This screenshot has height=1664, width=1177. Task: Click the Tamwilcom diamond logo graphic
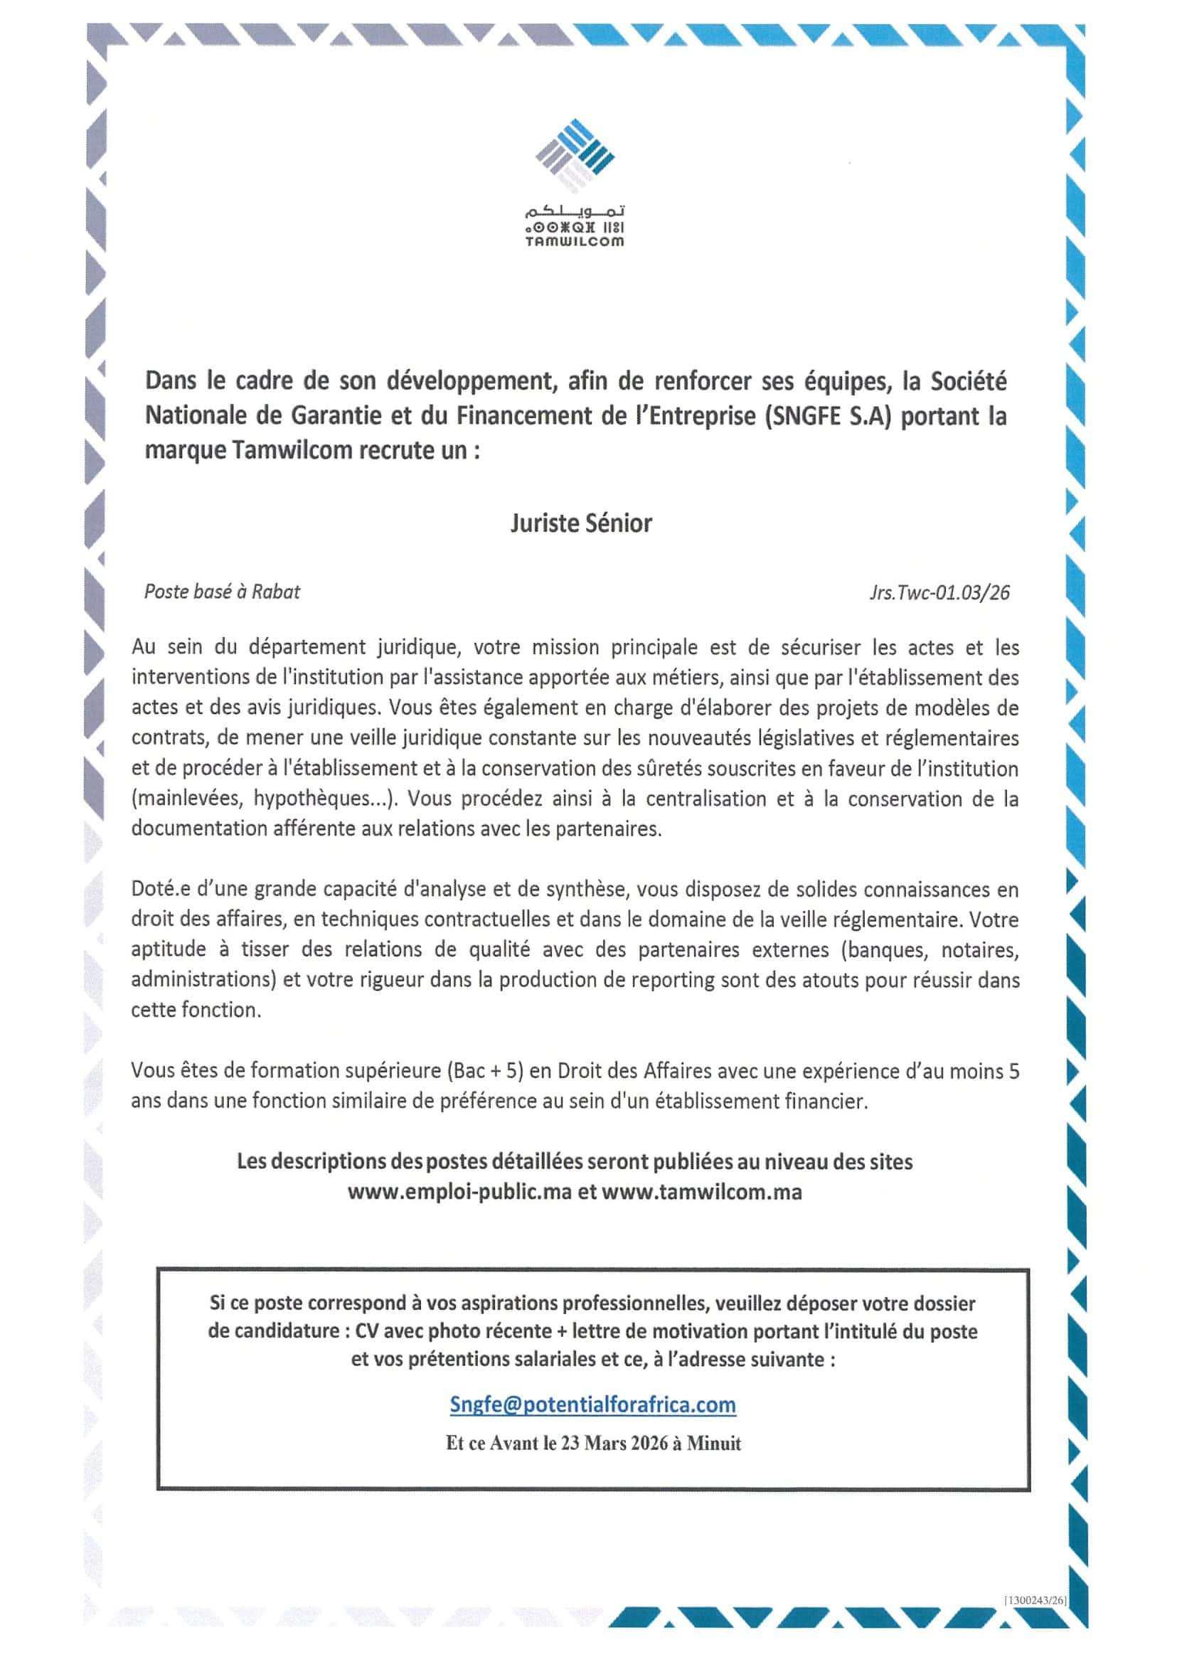coord(575,156)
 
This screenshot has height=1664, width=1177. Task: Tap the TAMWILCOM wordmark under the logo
coord(575,241)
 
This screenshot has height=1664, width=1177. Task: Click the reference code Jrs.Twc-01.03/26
coord(939,592)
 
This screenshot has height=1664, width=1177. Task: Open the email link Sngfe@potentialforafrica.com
coord(593,1404)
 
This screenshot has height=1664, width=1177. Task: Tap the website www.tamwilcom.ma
coord(701,1192)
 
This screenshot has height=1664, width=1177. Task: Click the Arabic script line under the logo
coord(575,213)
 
